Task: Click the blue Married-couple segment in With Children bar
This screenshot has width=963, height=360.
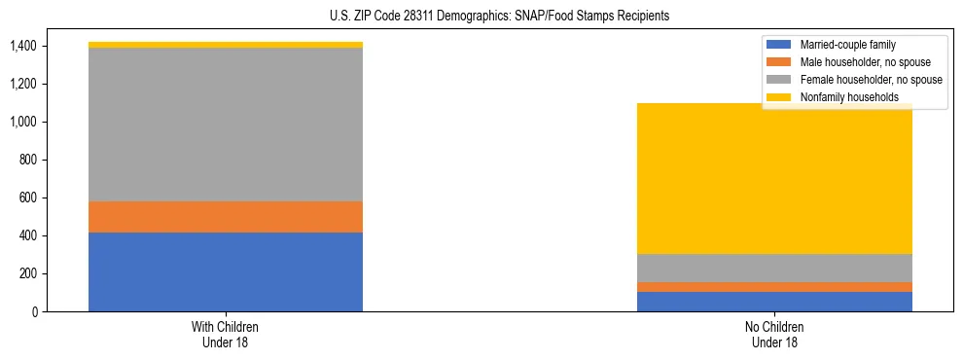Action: click(x=225, y=271)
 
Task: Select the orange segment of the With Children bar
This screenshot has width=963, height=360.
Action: click(x=225, y=216)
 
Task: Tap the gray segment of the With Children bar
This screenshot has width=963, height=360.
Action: click(x=225, y=125)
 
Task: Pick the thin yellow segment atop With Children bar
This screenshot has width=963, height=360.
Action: click(x=225, y=45)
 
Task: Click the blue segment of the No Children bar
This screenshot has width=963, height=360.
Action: click(x=774, y=301)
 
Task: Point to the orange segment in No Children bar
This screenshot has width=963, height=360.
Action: click(x=774, y=287)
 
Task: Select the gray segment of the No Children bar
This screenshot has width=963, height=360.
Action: click(x=774, y=268)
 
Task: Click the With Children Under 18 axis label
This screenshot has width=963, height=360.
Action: click(x=225, y=334)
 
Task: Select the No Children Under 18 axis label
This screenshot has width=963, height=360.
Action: click(x=774, y=334)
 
